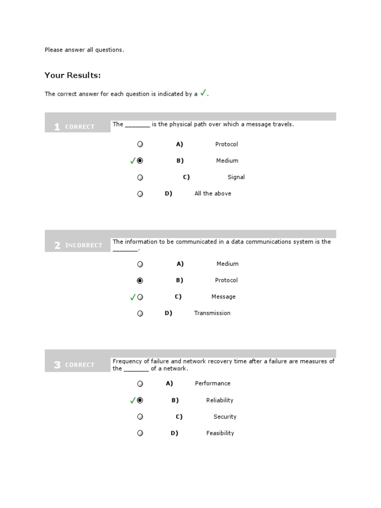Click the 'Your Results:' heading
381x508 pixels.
click(72, 75)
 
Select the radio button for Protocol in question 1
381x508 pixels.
click(140, 144)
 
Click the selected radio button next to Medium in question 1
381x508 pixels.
click(140, 161)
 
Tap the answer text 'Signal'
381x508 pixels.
click(236, 177)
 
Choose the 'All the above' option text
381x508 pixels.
click(213, 193)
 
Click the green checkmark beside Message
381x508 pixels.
click(132, 297)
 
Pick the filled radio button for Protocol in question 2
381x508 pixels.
click(140, 281)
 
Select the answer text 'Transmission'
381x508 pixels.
click(212, 313)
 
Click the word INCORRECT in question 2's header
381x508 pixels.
click(83, 245)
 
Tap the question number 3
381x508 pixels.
click(57, 365)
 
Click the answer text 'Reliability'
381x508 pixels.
click(220, 400)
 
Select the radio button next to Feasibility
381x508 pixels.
click(140, 433)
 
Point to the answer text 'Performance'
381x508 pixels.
click(213, 383)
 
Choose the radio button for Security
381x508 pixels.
click(140, 417)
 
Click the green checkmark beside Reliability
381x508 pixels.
click(132, 400)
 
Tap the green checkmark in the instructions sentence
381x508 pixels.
click(203, 93)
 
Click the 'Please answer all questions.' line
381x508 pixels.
click(84, 50)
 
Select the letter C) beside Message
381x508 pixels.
click(178, 297)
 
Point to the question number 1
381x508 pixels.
click(57, 127)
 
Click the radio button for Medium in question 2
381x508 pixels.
click(140, 264)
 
